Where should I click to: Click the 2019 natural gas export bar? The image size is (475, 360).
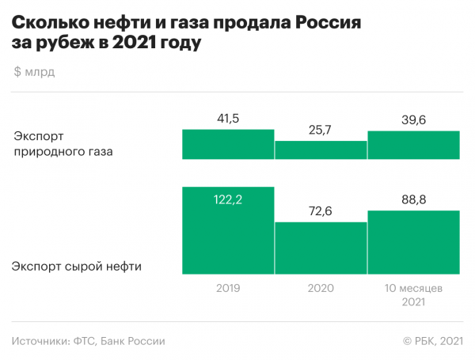pyautogui.click(x=228, y=144)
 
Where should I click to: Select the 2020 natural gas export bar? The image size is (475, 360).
pyautogui.click(x=321, y=150)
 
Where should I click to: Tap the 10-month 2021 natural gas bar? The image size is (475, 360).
pyautogui.click(x=414, y=145)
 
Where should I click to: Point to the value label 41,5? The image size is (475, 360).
pyautogui.click(x=228, y=119)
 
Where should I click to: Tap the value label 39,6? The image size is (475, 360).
pyautogui.click(x=414, y=119)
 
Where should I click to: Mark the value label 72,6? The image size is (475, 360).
pyautogui.click(x=321, y=211)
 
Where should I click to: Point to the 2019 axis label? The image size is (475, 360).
pyautogui.click(x=228, y=288)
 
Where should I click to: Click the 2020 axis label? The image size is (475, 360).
pyautogui.click(x=321, y=288)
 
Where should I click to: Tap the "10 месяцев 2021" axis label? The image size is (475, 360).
pyautogui.click(x=414, y=294)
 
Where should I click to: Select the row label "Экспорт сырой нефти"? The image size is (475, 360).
pyautogui.click(x=77, y=266)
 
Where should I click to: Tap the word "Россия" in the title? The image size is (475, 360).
pyautogui.click(x=317, y=22)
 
